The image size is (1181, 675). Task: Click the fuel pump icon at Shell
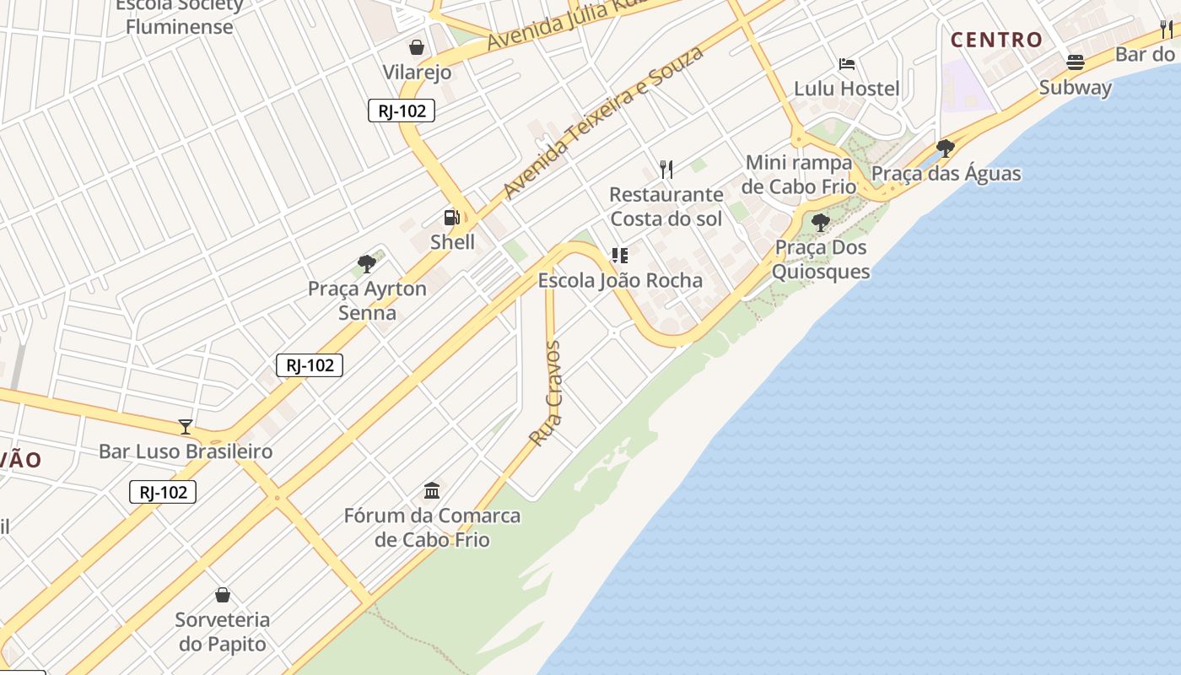tap(451, 218)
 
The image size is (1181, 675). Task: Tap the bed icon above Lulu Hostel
tap(847, 64)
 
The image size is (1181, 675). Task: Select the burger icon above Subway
tap(1075, 62)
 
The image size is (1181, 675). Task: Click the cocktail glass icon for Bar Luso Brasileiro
tap(186, 427)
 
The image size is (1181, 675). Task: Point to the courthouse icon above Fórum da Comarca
tap(432, 490)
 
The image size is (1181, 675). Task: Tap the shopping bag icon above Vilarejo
tap(417, 47)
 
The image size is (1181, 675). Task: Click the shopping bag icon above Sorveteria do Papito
tap(223, 595)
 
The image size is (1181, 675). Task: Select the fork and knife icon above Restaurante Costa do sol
tap(666, 170)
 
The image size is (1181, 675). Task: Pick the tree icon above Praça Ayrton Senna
tap(366, 264)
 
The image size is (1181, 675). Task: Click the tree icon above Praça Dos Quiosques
tap(820, 223)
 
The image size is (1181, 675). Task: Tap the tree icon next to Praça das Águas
tap(946, 148)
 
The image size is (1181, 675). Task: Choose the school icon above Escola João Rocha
tap(620, 256)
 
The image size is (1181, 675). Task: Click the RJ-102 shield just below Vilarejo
tap(402, 111)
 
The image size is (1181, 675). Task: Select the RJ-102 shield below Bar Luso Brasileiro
tap(163, 492)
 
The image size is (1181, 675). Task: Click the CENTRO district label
tap(996, 40)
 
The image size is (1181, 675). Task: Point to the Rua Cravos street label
tap(545, 393)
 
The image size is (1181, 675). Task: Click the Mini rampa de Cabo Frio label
tap(799, 175)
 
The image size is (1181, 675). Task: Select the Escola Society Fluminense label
tap(179, 15)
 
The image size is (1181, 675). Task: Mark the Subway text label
tap(1076, 88)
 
